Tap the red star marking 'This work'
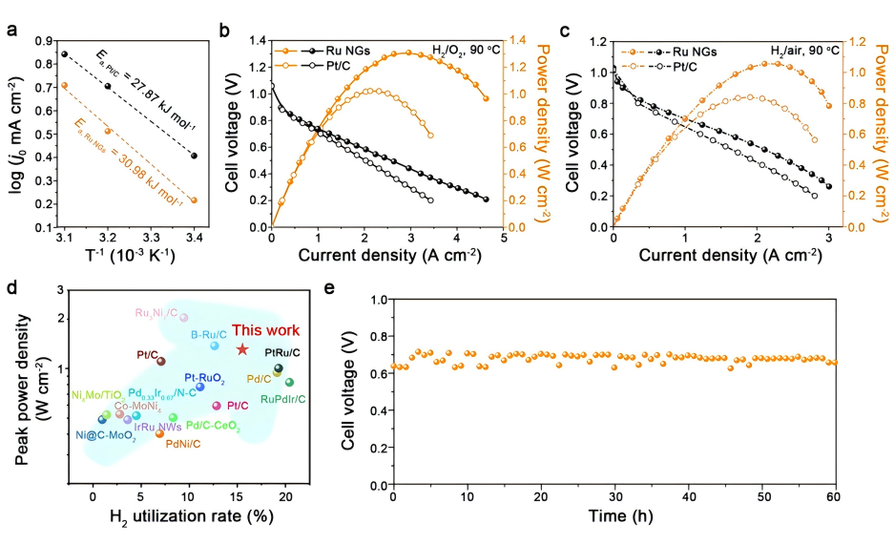pos(242,350)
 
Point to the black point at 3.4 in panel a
pos(194,156)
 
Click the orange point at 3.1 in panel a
pos(64,85)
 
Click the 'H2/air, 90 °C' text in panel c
pos(805,51)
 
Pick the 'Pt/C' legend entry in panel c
pos(676,67)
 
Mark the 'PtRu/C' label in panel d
pos(282,353)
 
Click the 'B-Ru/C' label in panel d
pos(208,334)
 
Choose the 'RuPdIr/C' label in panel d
pos(282,399)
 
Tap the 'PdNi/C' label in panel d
pos(183,444)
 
